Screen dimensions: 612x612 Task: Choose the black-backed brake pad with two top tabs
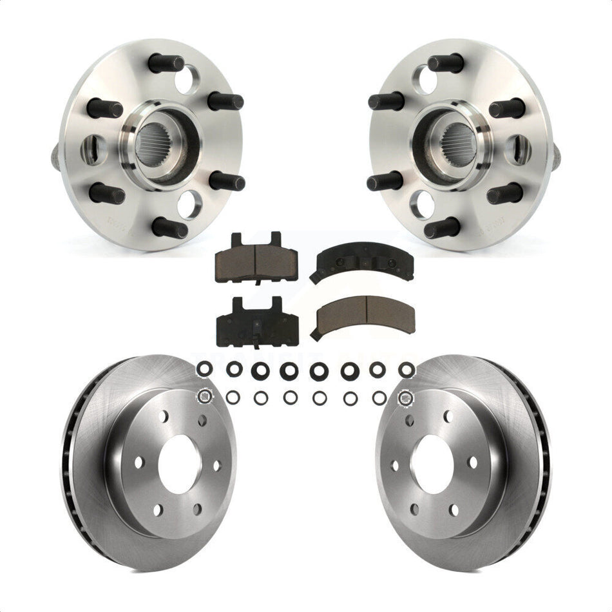[256, 320]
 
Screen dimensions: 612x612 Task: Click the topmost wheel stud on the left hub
[166, 63]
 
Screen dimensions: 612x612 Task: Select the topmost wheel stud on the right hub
[446, 63]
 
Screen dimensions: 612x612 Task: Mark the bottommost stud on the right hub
[443, 228]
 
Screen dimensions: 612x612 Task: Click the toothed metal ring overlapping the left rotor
[205, 396]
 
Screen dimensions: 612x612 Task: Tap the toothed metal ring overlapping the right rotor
[406, 398]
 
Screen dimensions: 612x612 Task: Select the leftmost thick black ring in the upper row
[203, 369]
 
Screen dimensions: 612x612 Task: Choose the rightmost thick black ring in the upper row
[406, 369]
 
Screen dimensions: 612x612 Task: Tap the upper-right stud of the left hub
[225, 101]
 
